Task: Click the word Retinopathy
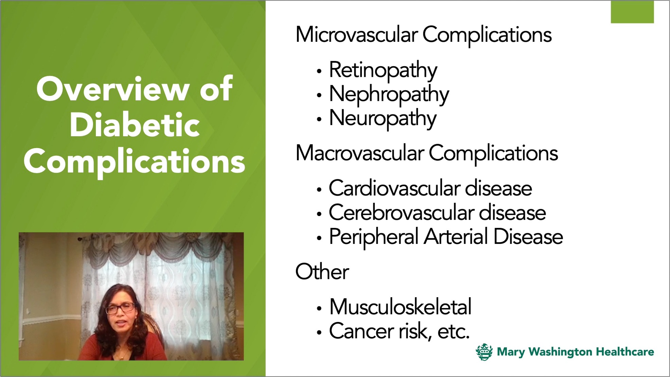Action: (x=383, y=71)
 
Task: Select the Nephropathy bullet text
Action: (x=389, y=95)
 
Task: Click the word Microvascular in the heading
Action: (x=356, y=35)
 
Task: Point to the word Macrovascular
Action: (x=359, y=153)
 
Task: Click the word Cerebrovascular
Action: (x=401, y=213)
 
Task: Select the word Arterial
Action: (x=456, y=237)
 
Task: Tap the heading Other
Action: (x=322, y=272)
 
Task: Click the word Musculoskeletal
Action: (x=400, y=307)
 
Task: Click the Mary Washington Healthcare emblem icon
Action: (x=484, y=352)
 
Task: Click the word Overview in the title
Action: (x=112, y=89)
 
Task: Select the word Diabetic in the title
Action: (x=135, y=125)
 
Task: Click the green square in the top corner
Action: (x=632, y=12)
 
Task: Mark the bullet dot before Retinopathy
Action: (x=319, y=71)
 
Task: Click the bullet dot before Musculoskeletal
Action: (x=319, y=308)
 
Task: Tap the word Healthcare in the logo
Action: (x=625, y=352)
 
